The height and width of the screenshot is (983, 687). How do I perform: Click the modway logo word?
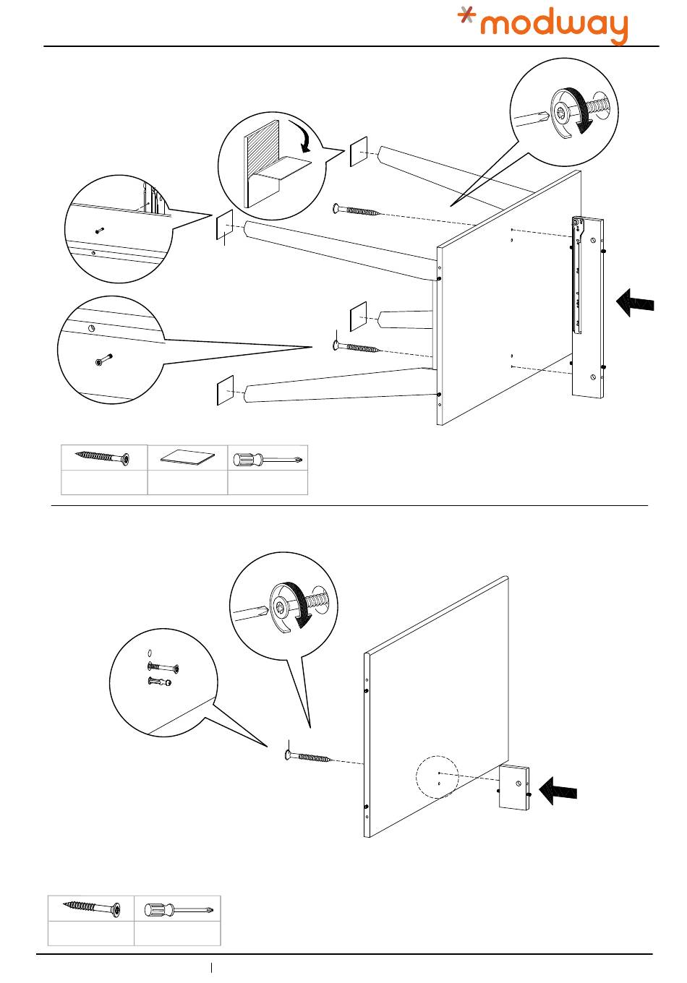555,27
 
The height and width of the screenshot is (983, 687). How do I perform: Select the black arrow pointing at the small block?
558,790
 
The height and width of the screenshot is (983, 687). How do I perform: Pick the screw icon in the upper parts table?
104,458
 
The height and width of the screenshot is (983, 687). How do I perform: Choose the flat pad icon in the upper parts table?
188,457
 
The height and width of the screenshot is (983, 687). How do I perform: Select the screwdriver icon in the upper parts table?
268,458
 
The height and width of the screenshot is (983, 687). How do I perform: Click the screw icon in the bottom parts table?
91,907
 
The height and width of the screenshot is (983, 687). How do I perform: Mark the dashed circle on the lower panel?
438,778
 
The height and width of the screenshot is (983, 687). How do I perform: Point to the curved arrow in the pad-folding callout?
310,137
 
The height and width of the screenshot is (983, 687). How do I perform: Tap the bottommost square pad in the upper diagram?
226,390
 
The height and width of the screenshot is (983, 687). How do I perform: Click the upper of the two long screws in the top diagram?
357,211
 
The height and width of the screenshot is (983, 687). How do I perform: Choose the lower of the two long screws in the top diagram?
357,348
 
